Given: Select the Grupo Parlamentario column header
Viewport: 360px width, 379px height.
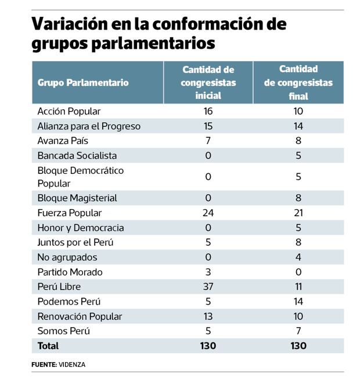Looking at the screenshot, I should (82, 83).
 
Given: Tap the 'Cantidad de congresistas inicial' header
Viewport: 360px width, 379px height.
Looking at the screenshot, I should (208, 83).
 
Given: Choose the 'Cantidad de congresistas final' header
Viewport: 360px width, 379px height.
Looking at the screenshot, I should (298, 83).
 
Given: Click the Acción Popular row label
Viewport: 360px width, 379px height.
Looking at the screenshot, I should (69, 111).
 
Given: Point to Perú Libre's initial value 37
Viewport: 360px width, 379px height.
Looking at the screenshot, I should (208, 287).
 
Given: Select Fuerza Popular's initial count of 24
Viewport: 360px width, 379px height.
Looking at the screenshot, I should (208, 213).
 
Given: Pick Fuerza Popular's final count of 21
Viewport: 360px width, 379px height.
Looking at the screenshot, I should (298, 213).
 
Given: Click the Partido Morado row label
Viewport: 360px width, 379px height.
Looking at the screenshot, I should (70, 272).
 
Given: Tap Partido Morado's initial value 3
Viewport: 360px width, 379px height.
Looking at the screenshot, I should (208, 272).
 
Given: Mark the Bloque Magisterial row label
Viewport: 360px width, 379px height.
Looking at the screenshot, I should (77, 198).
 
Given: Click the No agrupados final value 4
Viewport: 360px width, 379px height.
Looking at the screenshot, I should (298, 258).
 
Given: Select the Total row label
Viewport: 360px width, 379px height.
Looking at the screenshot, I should (48, 346).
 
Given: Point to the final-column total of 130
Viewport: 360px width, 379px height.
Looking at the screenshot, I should (298, 346).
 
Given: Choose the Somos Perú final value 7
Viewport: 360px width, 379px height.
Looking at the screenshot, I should (298, 331).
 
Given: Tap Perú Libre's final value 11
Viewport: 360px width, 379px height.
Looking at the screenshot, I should (298, 287).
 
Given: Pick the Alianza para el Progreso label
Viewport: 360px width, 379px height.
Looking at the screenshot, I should (89, 126).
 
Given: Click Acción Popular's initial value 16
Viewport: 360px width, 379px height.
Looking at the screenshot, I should (208, 111).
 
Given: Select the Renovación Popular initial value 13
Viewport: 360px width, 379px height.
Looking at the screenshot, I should (208, 316).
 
